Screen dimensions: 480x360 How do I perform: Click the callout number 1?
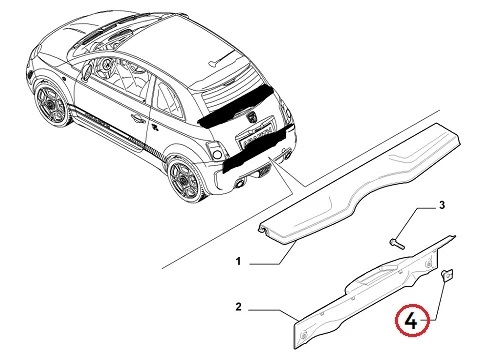coord(238,261)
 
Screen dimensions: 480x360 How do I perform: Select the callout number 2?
coord(238,307)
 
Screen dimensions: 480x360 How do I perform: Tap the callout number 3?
coord(442,205)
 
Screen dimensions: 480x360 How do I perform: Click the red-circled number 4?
coord(411,322)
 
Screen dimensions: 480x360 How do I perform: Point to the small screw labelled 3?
coord(397,243)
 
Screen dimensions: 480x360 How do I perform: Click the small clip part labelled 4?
coord(447,275)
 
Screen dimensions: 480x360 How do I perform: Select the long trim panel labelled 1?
coord(360,182)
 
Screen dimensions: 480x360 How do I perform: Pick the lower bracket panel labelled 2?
coord(373,292)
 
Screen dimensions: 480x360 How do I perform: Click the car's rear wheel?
coord(187,181)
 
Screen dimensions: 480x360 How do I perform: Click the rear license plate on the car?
coord(255,137)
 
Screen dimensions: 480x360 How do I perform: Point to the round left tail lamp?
coord(217,154)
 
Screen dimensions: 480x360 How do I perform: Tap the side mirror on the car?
coord(87,72)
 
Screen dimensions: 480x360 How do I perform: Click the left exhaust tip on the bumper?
coord(240,184)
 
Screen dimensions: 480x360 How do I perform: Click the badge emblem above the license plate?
coord(251,118)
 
